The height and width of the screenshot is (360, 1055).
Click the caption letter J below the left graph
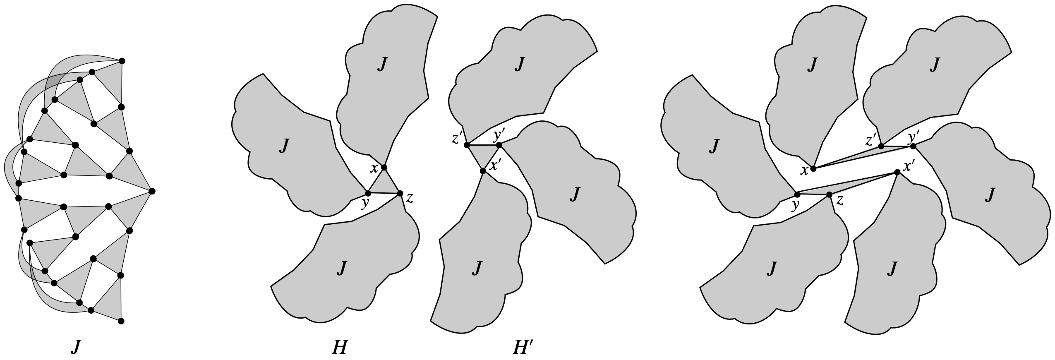[75, 347]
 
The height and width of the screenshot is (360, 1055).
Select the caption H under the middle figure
[339, 347]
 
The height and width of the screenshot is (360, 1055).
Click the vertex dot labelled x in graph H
[384, 168]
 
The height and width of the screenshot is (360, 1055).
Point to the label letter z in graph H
[409, 199]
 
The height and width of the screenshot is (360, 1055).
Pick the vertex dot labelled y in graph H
[368, 193]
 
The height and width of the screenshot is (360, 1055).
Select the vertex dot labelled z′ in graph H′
[467, 145]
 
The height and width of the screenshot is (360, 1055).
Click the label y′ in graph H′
[499, 135]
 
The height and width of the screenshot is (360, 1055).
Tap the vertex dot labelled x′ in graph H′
[483, 171]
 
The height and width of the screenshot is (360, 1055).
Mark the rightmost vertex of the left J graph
[152, 191]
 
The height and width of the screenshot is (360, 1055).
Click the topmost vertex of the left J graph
[122, 61]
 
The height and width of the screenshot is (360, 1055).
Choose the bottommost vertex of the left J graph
[121, 321]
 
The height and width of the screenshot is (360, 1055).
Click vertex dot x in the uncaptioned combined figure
[813, 168]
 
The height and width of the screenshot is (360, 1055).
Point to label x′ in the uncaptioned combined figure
[909, 166]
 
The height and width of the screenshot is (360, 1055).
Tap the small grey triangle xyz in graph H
[384, 185]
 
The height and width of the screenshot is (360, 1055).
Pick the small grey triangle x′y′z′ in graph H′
[482, 154]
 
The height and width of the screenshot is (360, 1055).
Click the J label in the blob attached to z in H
[341, 268]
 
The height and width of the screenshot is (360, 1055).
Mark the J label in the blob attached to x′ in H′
[477, 268]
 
